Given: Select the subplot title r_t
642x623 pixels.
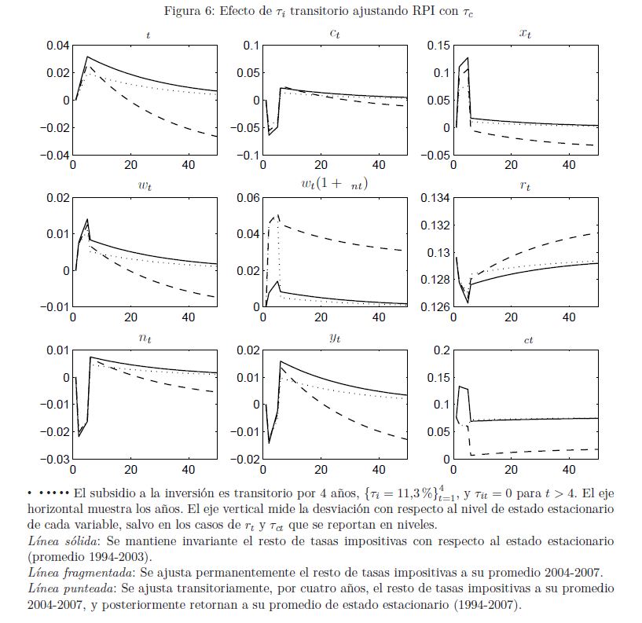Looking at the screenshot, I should (x=526, y=185).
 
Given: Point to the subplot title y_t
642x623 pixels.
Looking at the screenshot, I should (x=335, y=338).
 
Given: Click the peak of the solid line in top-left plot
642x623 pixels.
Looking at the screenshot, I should (x=87, y=57).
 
